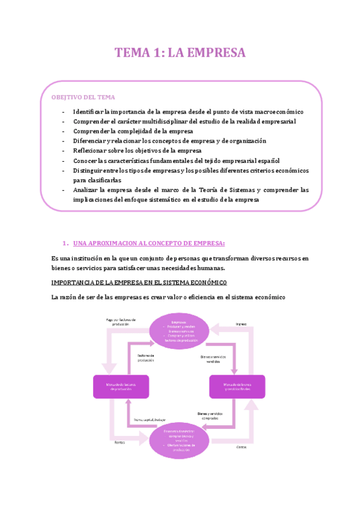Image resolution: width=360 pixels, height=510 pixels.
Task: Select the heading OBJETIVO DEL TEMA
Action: tap(83, 97)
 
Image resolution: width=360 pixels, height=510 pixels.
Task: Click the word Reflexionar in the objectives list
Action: tap(91, 150)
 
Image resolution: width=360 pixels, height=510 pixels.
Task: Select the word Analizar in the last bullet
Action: tap(88, 189)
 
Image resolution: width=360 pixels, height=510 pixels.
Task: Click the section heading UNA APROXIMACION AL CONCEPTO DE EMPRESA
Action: tap(148, 243)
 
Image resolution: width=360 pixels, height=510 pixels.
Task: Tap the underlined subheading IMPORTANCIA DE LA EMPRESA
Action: tap(139, 282)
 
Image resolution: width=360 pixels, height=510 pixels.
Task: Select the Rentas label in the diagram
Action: tap(120, 443)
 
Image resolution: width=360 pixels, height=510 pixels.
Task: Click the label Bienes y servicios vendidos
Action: tap(214, 358)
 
